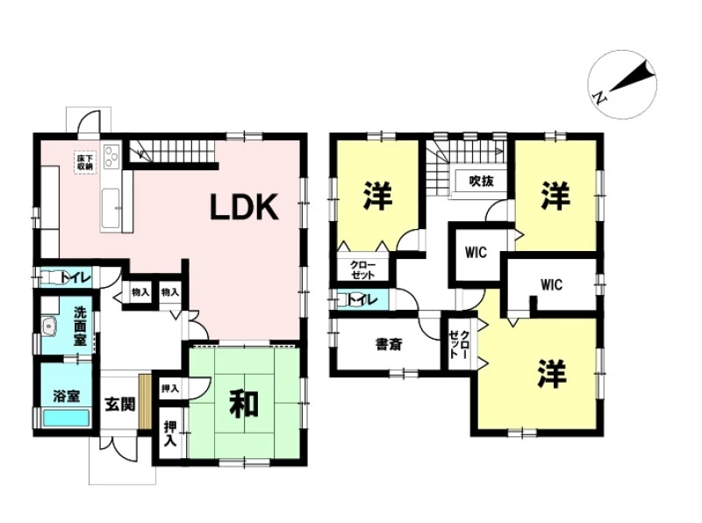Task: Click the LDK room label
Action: [245, 207]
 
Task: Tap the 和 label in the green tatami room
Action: [244, 404]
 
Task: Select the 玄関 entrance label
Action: [120, 405]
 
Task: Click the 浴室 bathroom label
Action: [67, 396]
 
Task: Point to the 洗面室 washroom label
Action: [80, 326]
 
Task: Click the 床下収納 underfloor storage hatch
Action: [84, 162]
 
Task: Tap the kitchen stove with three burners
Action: [111, 156]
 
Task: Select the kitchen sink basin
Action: [111, 208]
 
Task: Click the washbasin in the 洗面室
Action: [49, 326]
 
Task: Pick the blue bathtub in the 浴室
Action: [66, 419]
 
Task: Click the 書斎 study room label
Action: [389, 344]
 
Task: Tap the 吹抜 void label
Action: [482, 181]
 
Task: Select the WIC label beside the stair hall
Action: [476, 253]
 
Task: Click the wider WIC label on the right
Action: [551, 285]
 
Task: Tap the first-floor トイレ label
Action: [75, 278]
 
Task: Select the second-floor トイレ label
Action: [362, 299]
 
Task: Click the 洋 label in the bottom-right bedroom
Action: [552, 373]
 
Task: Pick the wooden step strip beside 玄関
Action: [145, 401]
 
